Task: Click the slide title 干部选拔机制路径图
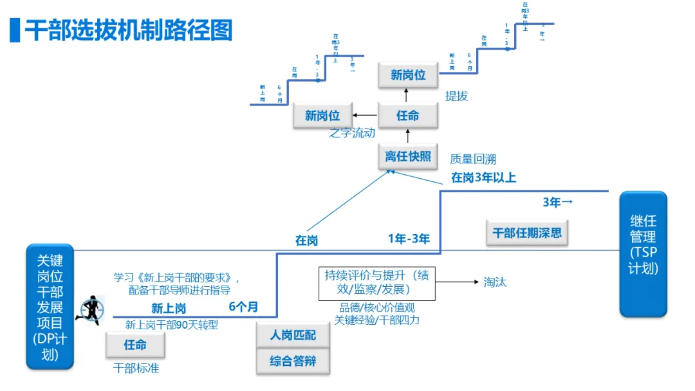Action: tap(128, 30)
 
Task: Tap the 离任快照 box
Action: tap(407, 156)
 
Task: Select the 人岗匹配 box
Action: tap(293, 335)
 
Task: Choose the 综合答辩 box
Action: tap(293, 361)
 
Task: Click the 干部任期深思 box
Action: tap(527, 233)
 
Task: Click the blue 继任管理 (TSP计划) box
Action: tap(643, 253)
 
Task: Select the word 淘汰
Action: tap(495, 282)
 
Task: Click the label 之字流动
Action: tap(352, 133)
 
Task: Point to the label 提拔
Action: tap(456, 96)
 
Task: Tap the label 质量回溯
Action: tap(473, 159)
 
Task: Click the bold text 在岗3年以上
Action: tap(483, 177)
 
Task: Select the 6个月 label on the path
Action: tap(243, 307)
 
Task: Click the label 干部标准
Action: tap(136, 368)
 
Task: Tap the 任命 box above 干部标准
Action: tap(135, 345)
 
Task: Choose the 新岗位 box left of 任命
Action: tap(322, 116)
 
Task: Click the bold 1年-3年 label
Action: tap(409, 239)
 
